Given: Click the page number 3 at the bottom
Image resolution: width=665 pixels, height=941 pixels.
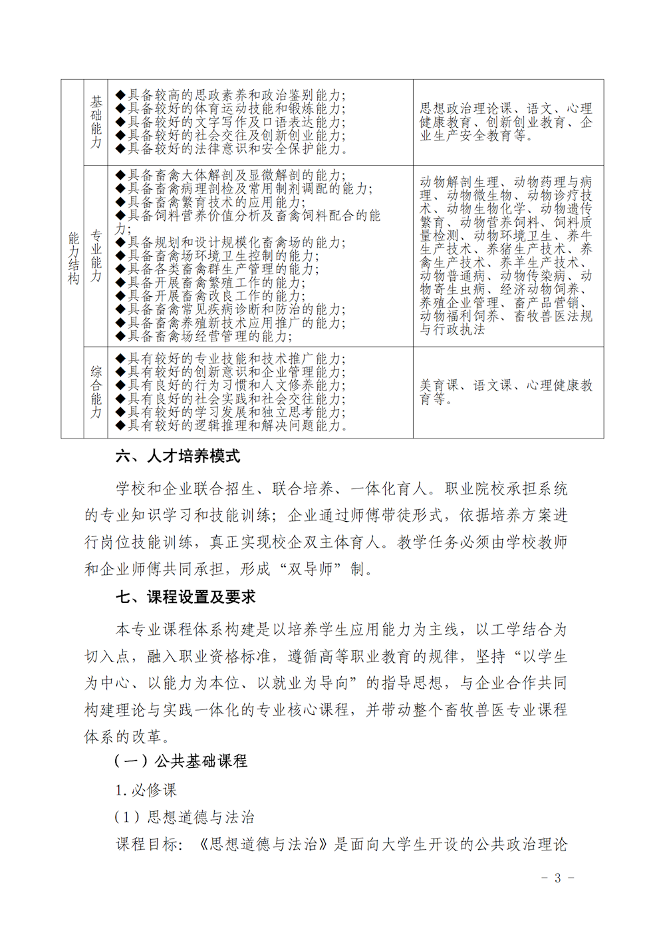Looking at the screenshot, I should [x=557, y=878].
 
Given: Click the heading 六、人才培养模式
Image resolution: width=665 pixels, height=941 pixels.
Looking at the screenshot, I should [x=178, y=457].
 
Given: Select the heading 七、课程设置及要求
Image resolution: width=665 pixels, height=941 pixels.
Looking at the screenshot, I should [x=186, y=597].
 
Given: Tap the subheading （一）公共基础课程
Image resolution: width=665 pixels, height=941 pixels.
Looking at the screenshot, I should [x=181, y=761].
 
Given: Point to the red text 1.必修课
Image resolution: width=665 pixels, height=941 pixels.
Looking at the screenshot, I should [x=146, y=791].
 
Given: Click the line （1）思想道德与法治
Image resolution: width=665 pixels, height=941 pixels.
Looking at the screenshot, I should [x=184, y=817].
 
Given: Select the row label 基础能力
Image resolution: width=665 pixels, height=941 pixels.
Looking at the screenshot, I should [x=96, y=122].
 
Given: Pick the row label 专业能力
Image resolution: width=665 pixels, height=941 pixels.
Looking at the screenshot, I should [x=96, y=256].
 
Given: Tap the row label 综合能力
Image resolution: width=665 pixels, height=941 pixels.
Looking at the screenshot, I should [x=96, y=393].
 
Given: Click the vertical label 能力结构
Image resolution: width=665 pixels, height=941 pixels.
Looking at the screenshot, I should [x=73, y=258].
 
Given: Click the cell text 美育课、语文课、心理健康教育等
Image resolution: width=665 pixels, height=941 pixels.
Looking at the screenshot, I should [x=506, y=392].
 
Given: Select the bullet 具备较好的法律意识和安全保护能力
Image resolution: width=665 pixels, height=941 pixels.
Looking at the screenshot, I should [x=232, y=149].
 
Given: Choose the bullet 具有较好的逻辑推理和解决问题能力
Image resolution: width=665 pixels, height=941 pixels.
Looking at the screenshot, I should [x=232, y=426].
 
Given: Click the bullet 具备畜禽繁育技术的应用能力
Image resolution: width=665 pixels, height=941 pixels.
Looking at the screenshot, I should [x=211, y=202].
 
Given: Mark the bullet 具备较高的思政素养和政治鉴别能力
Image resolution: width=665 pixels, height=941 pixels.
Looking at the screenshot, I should [x=231, y=95].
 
